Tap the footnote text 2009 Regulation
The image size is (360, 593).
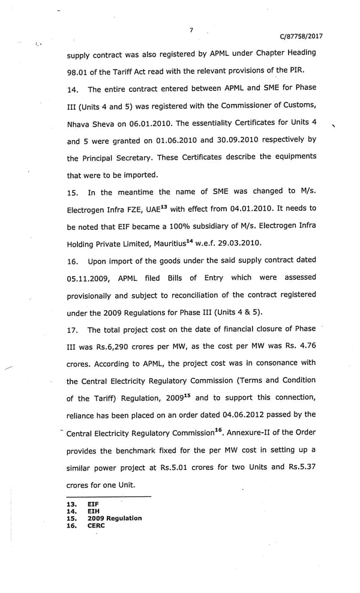click(x=115, y=518)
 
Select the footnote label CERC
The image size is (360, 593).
click(x=96, y=525)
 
